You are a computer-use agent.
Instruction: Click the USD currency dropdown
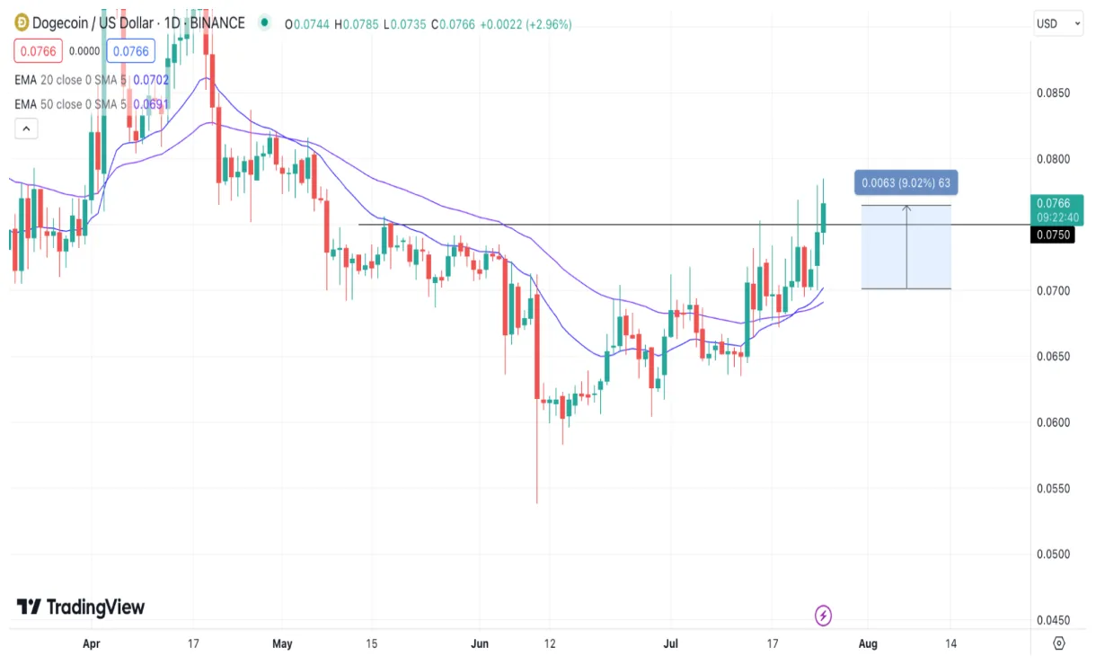click(1058, 23)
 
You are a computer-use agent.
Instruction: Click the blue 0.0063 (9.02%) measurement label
click(906, 183)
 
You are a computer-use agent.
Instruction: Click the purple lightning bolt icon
click(823, 616)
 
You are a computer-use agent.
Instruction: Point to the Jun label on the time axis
click(481, 643)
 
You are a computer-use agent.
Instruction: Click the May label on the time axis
click(282, 643)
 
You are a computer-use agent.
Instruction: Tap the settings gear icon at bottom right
click(1058, 643)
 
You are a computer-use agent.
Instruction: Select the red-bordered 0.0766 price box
click(37, 51)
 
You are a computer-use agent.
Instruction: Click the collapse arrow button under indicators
click(26, 129)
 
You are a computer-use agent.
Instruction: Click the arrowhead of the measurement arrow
click(906, 208)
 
